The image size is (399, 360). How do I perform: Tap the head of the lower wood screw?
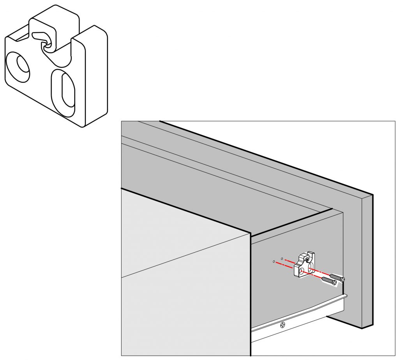tap(334, 283)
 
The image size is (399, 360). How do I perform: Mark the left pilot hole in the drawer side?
tap(274, 261)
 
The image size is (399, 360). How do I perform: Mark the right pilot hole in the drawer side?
tap(282, 258)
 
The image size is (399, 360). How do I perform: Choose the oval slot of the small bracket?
tap(310, 269)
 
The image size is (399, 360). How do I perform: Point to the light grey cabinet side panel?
tap(183, 272)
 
